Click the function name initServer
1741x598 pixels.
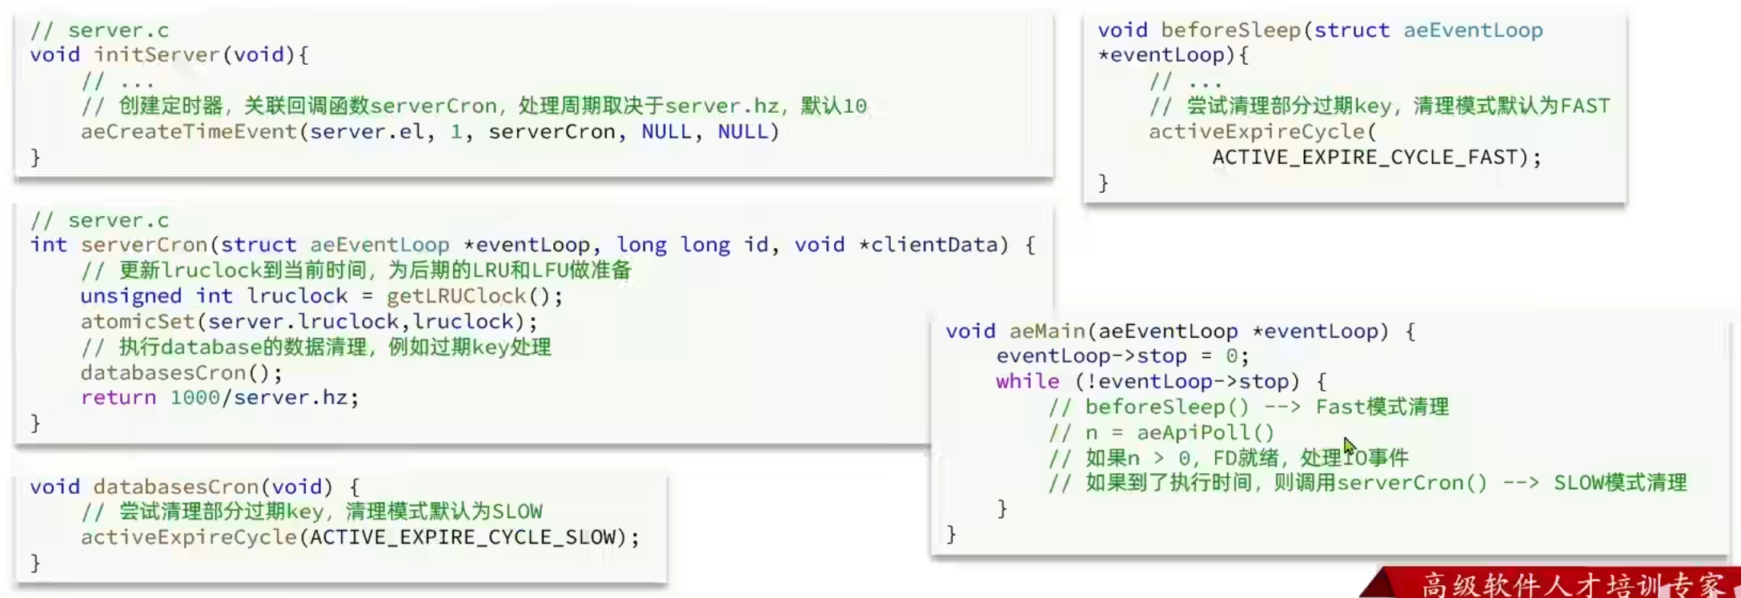[x=157, y=55]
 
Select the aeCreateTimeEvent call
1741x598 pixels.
[x=189, y=132]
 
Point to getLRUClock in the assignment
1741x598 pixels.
[x=455, y=296]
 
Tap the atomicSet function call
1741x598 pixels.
[x=137, y=322]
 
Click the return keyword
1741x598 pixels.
[x=118, y=398]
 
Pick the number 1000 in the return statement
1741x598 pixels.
[x=194, y=398]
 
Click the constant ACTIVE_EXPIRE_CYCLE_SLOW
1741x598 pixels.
[x=463, y=537]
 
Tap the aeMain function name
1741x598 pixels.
[x=1047, y=331]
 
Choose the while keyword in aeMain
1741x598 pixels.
[x=1027, y=382]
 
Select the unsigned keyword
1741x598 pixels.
[x=130, y=296]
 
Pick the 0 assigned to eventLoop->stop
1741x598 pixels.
[x=1232, y=356]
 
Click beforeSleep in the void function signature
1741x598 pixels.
[x=1230, y=30]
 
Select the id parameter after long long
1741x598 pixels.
[x=756, y=245]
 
